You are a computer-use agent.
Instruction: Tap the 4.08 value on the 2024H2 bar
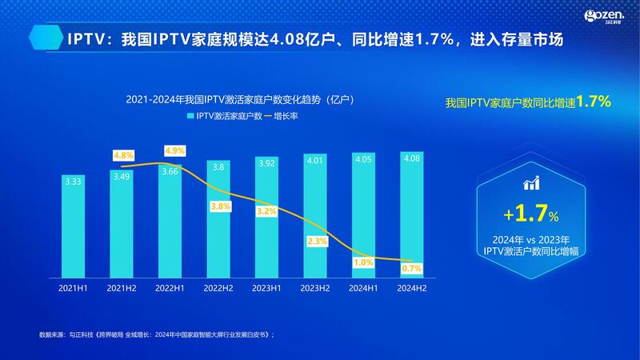click(411, 158)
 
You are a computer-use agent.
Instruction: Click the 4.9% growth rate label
click(174, 150)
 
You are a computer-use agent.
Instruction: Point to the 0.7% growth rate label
click(412, 267)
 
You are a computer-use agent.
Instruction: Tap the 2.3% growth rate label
click(316, 241)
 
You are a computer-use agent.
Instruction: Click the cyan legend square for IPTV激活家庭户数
click(190, 116)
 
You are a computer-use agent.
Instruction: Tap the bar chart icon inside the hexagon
click(530, 184)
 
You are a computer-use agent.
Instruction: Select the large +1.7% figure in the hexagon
click(530, 214)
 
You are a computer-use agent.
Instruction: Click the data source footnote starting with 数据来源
click(156, 334)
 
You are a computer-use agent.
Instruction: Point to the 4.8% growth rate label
click(124, 154)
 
